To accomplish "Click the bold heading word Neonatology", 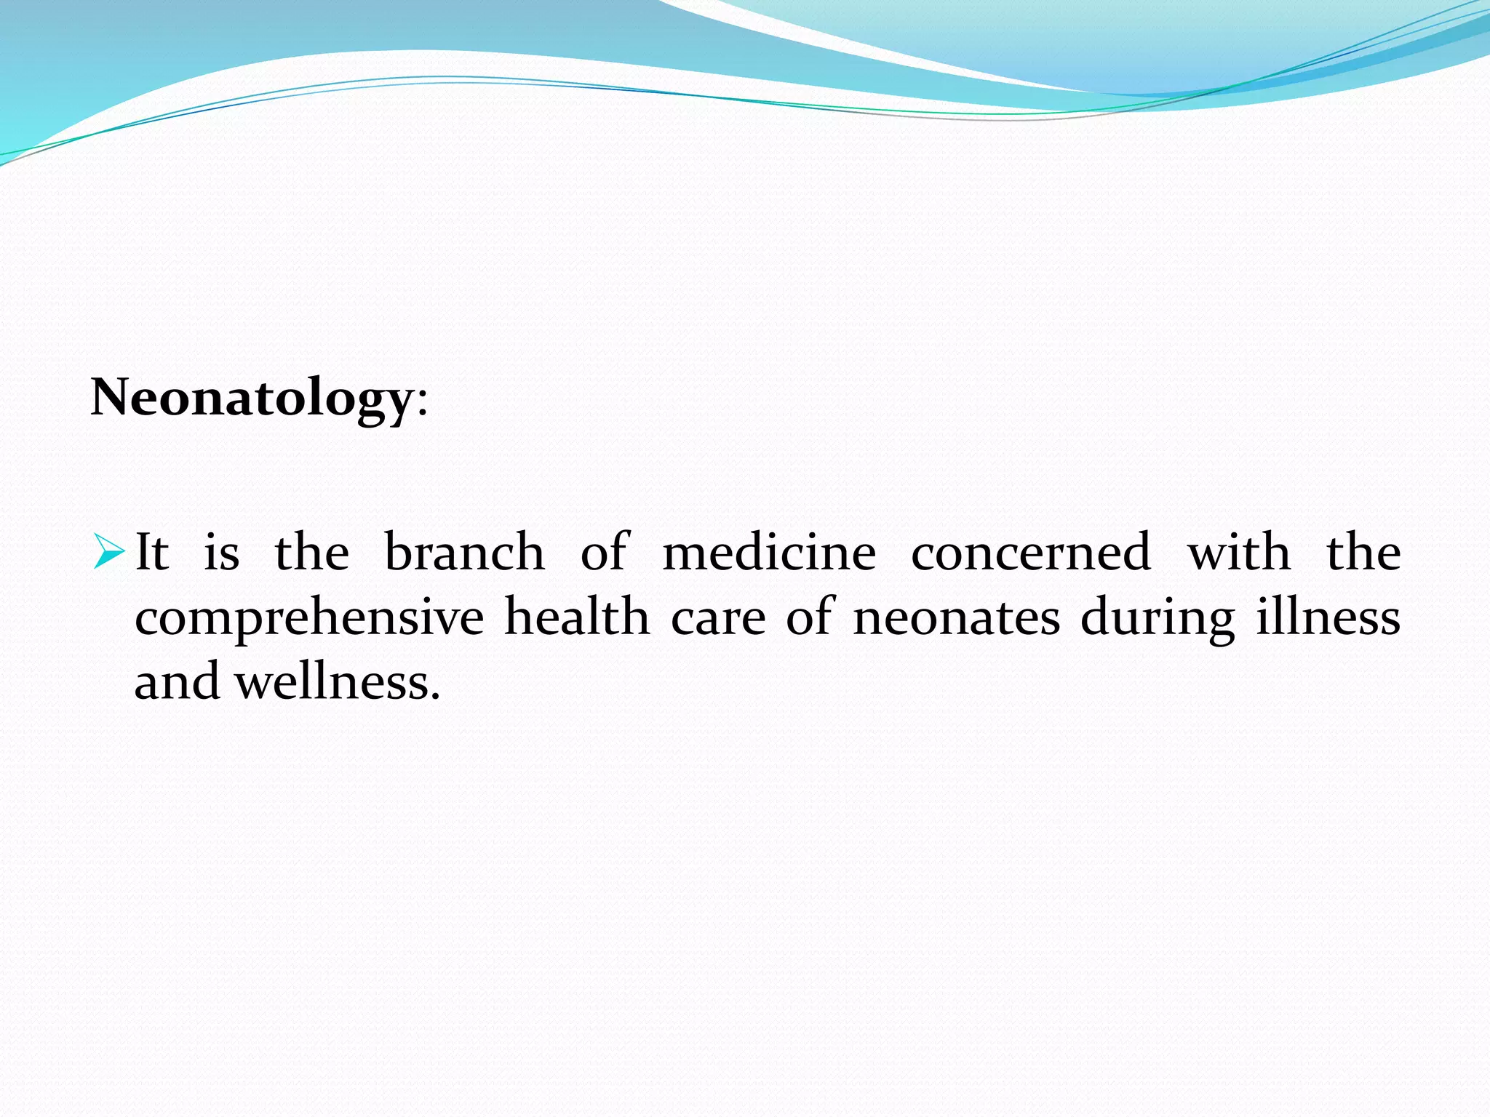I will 252,399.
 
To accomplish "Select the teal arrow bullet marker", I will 109,553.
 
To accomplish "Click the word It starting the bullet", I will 152,552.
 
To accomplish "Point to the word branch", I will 464,552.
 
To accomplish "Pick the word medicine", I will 769,552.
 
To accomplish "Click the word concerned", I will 1031,552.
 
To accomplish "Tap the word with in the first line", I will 1239,552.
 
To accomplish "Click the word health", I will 577,617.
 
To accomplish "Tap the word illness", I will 1328,617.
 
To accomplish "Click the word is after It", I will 222,552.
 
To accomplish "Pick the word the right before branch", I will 312,552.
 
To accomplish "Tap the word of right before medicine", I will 605,552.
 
